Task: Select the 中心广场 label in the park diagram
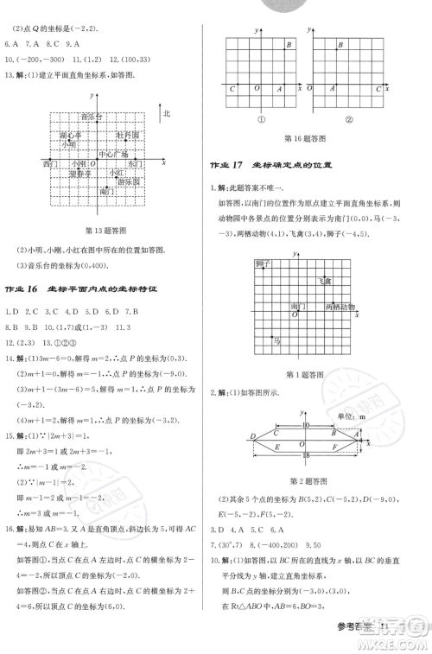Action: pyautogui.click(x=113, y=155)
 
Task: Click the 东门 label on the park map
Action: pyautogui.click(x=134, y=163)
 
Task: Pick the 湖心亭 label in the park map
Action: pyautogui.click(x=71, y=136)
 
